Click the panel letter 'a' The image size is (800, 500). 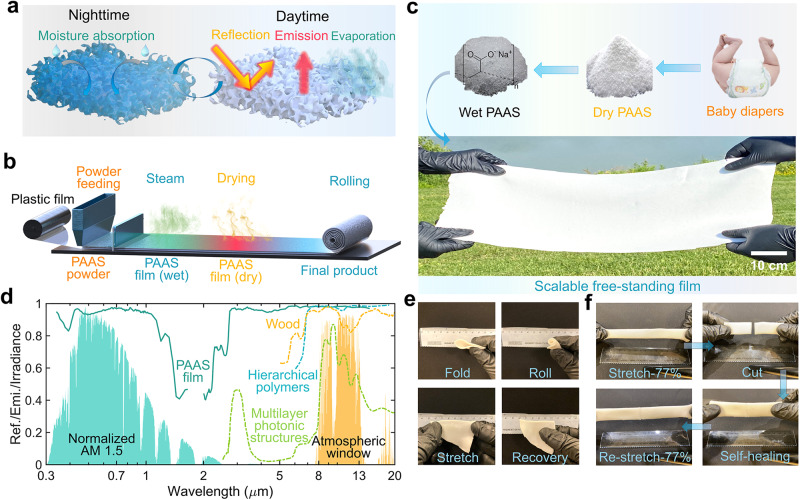[12, 12]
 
